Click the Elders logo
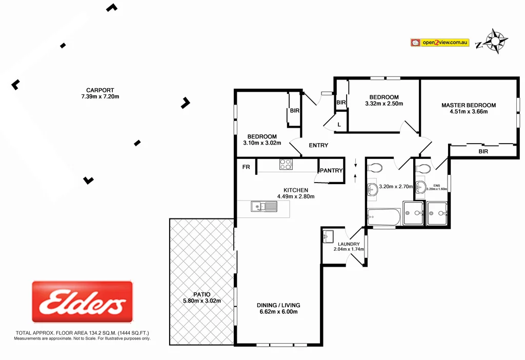point(82,302)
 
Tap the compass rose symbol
point(495,41)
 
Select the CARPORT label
point(100,90)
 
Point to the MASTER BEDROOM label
point(469,105)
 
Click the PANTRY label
point(331,170)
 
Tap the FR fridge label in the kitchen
point(246,167)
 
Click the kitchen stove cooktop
point(286,165)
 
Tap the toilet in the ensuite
point(423,168)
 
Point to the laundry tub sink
point(329,236)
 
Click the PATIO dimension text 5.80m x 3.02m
point(202,301)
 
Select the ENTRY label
point(318,145)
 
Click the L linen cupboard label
point(339,125)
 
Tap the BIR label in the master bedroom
point(483,151)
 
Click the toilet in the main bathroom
point(375,167)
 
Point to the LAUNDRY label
point(348,244)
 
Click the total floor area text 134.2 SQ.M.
point(82,333)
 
